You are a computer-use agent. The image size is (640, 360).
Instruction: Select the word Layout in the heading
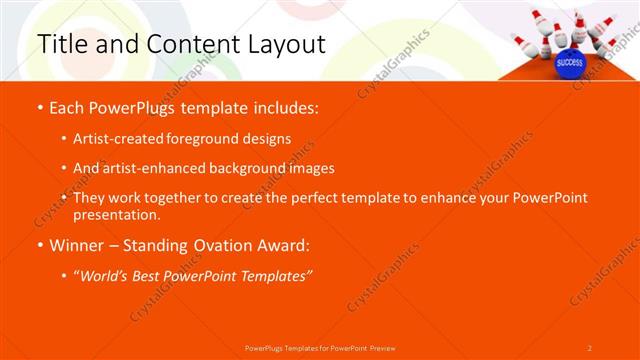coord(284,45)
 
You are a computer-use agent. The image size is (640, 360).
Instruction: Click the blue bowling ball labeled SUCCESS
coord(569,61)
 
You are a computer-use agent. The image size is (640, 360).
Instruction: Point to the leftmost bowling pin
coord(519,42)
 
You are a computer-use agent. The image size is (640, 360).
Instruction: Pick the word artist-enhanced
coord(154,168)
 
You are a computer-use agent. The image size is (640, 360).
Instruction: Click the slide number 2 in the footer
coord(589,347)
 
